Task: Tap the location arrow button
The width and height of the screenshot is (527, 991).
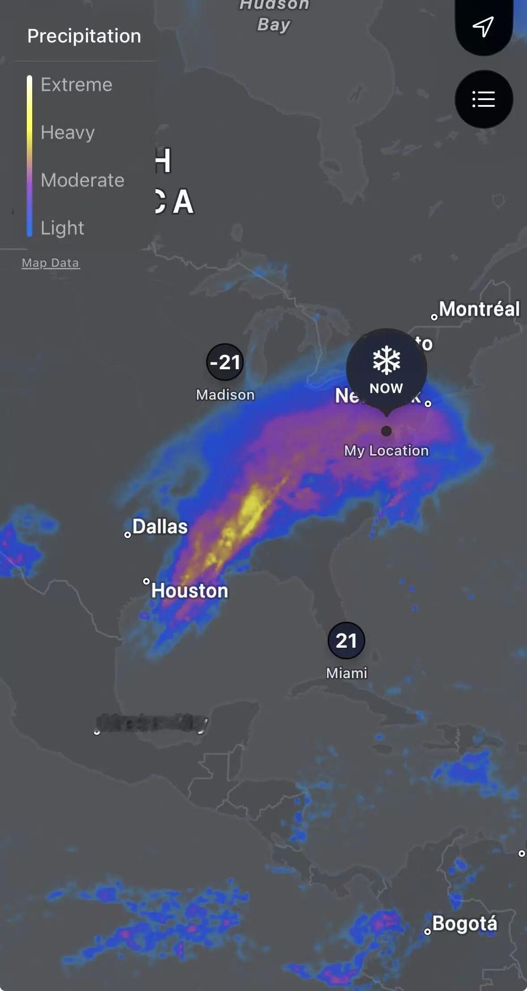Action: pyautogui.click(x=483, y=26)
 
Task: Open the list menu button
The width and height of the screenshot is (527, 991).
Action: pyautogui.click(x=484, y=99)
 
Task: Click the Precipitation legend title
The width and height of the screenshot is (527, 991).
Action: pyautogui.click(x=84, y=36)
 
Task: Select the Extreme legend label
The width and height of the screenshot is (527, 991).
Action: pyautogui.click(x=76, y=84)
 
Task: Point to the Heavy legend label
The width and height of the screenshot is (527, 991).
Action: pyautogui.click(x=67, y=132)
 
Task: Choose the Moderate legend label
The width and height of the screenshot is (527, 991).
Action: pyautogui.click(x=82, y=180)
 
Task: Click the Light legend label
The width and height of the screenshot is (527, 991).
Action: pyautogui.click(x=62, y=228)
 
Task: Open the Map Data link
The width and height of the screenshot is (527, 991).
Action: pyautogui.click(x=51, y=263)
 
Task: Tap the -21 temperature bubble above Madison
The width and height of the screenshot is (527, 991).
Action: pyautogui.click(x=225, y=362)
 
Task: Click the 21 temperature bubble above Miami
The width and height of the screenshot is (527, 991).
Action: pyautogui.click(x=346, y=641)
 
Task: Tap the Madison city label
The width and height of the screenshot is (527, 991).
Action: pyautogui.click(x=225, y=395)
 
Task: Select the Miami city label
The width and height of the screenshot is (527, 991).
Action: pyautogui.click(x=346, y=673)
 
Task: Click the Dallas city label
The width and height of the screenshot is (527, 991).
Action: pyautogui.click(x=160, y=527)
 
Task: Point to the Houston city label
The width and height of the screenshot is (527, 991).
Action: pyautogui.click(x=190, y=590)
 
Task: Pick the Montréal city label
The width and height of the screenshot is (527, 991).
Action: pyautogui.click(x=479, y=309)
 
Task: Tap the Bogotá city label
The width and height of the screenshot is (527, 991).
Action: pyautogui.click(x=464, y=924)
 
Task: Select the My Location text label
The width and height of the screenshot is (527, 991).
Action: pyautogui.click(x=386, y=451)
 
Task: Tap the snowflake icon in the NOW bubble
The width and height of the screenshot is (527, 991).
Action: pyautogui.click(x=386, y=360)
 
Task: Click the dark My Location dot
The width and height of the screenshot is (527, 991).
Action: pyautogui.click(x=386, y=431)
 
